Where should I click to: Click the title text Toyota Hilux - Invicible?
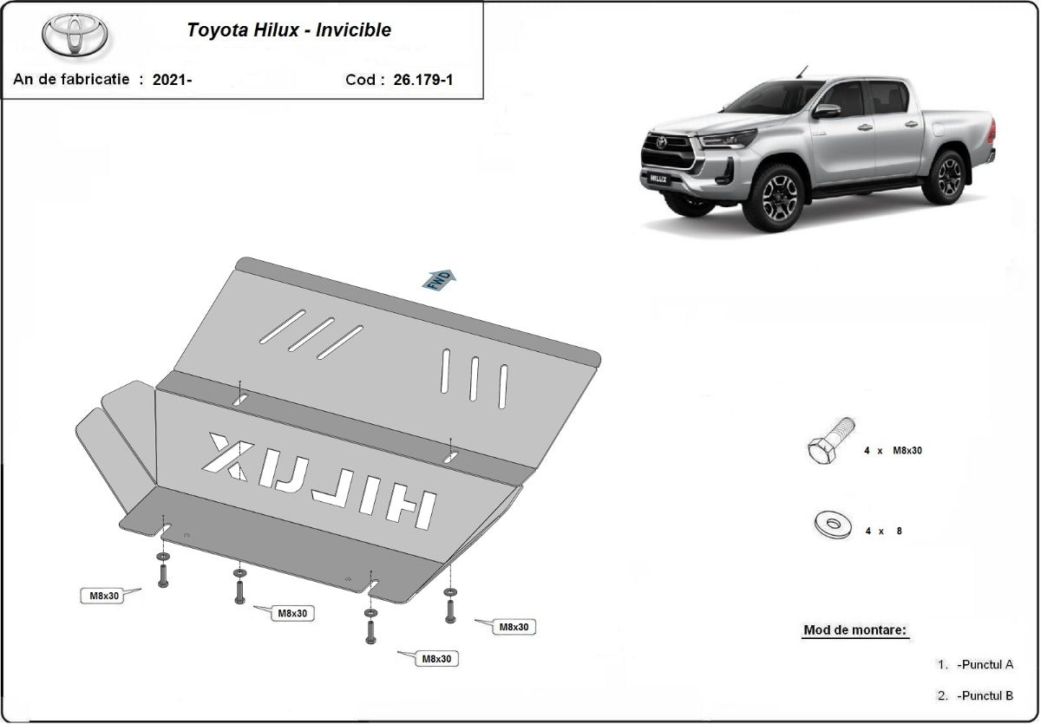(x=289, y=30)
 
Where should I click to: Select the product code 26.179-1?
(x=422, y=80)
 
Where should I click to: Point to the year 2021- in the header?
(x=172, y=80)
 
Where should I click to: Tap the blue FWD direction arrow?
(x=438, y=279)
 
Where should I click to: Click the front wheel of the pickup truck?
(x=774, y=198)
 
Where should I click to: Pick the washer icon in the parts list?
(x=833, y=524)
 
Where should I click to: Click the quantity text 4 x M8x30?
(x=893, y=451)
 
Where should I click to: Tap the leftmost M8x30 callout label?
(x=104, y=596)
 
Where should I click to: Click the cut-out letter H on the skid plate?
(x=409, y=509)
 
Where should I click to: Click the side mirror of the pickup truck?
(x=826, y=111)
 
